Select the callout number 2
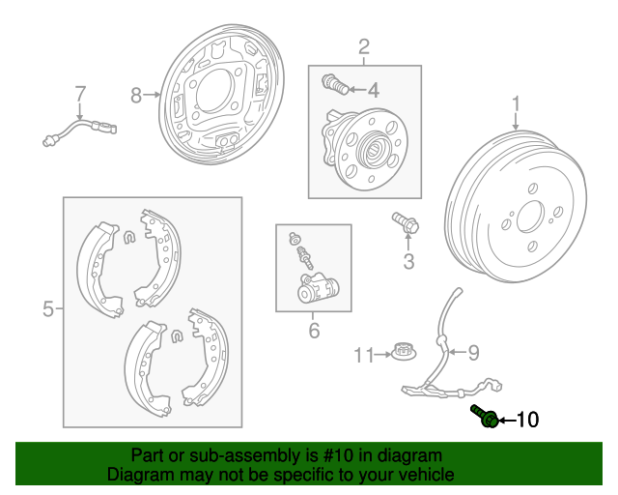pos(364,45)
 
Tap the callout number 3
pos(408,260)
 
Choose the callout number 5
pos(47,309)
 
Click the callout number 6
pos(313,331)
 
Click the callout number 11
pos(362,356)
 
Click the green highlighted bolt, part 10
pos(486,417)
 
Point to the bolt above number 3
pos(404,222)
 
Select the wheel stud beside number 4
pos(336,84)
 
